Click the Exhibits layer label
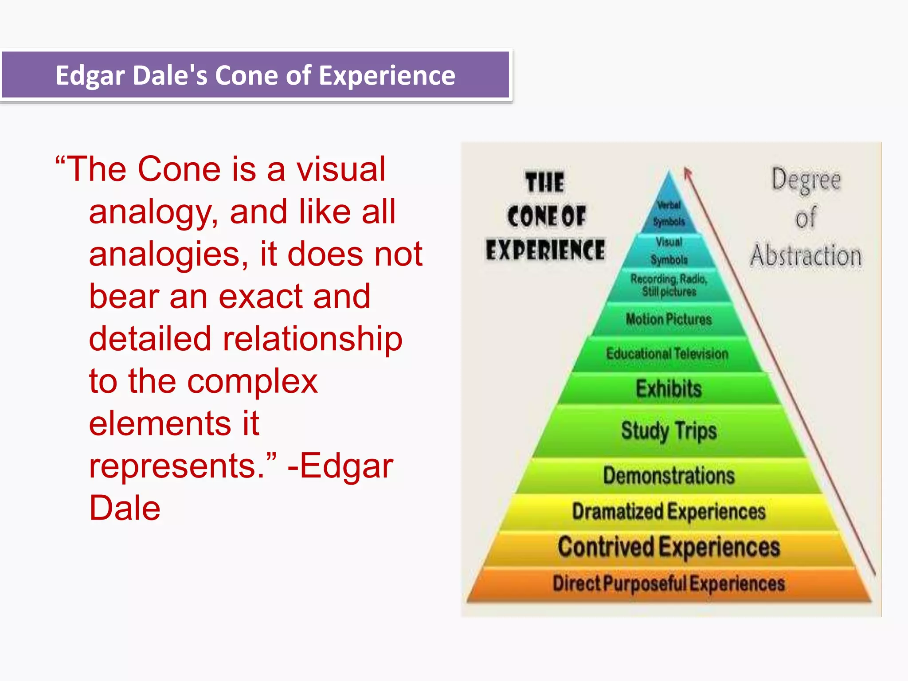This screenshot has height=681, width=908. pos(669,388)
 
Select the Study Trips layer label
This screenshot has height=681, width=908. pos(669,431)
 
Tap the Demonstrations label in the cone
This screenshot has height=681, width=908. pos(669,475)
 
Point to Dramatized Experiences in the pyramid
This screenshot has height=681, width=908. pos(669,511)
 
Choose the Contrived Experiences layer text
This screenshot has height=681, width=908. pos(669,547)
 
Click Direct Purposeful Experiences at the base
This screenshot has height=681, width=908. pos(669,583)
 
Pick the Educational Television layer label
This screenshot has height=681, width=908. pos(667,354)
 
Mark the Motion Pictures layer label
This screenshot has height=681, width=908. pos(669,319)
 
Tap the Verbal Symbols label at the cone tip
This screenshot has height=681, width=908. pos(669,213)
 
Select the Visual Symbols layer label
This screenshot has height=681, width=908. pos(669,250)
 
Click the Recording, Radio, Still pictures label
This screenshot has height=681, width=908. pos(669,285)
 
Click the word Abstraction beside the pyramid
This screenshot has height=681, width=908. pos(806,256)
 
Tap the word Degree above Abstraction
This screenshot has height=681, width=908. pos(806,180)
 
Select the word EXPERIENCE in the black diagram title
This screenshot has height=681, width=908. pos(545,250)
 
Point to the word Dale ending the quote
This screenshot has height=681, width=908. pos(125,508)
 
